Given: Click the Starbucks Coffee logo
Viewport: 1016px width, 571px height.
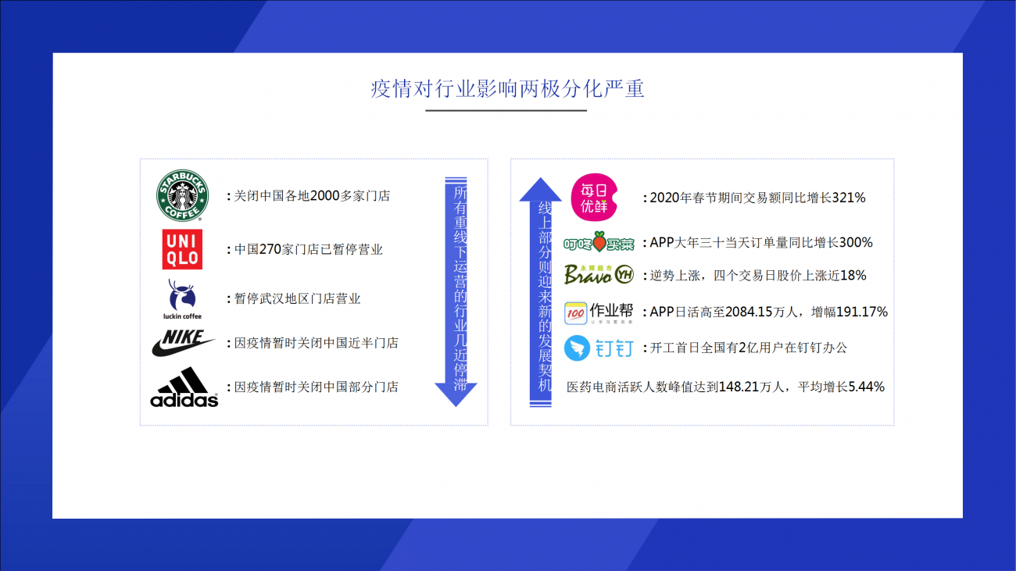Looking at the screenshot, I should (x=182, y=195).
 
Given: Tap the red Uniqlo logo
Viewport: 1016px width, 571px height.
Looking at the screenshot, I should (x=182, y=249).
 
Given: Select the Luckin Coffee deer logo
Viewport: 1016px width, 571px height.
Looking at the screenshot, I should (x=182, y=299).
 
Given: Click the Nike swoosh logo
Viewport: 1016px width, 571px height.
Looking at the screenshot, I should (x=183, y=343).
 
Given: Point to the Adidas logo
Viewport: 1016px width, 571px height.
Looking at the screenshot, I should (x=184, y=387).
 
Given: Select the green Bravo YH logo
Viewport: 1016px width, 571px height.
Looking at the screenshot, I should (x=599, y=274).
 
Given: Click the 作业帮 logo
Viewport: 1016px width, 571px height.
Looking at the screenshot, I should (x=599, y=312).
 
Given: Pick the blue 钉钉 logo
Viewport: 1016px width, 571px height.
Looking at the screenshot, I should (x=599, y=348).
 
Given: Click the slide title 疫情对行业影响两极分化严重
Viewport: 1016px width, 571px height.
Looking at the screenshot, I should (x=507, y=89).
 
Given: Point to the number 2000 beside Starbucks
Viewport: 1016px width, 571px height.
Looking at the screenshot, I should (x=325, y=195).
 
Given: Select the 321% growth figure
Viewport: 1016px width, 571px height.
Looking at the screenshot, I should (x=849, y=198).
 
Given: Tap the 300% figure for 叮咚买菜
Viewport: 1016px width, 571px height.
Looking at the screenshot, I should (x=855, y=242).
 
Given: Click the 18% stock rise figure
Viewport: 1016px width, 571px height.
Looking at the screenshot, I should (x=853, y=275).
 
